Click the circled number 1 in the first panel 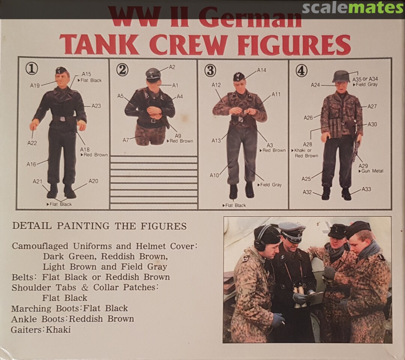(x=31, y=68)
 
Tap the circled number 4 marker (x=301, y=71)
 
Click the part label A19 (x=35, y=85)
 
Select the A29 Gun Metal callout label (x=370, y=168)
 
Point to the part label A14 (x=261, y=70)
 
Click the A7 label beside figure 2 (x=126, y=140)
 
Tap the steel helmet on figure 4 (x=341, y=76)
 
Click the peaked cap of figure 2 (x=153, y=73)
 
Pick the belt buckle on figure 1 (x=63, y=119)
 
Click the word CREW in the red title (x=192, y=44)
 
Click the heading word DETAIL (x=32, y=226)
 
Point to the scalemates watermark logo (x=352, y=8)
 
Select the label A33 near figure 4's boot (x=366, y=189)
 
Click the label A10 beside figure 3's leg (x=214, y=175)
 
